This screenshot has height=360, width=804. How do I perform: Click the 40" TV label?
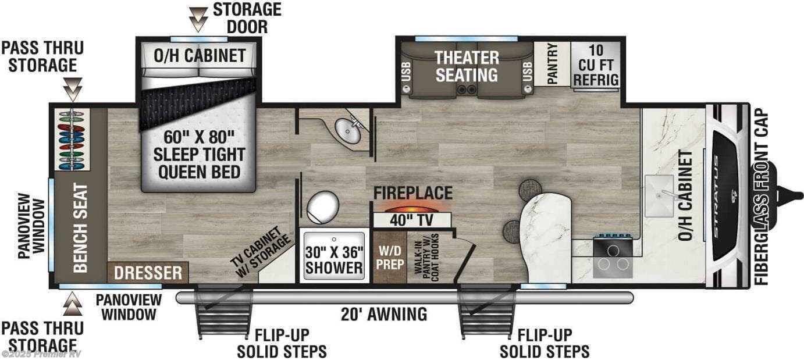(411, 221)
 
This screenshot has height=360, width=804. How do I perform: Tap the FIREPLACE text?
(412, 193)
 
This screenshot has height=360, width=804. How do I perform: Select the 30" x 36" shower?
(334, 256)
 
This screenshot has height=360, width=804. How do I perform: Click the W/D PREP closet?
(389, 256)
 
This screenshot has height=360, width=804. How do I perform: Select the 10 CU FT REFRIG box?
(595, 65)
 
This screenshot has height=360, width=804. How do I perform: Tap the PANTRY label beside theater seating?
(552, 64)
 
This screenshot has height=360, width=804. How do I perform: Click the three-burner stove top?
(613, 256)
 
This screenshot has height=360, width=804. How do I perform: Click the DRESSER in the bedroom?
(148, 273)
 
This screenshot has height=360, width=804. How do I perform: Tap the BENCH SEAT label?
(80, 228)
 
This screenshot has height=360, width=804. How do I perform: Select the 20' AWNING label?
(384, 315)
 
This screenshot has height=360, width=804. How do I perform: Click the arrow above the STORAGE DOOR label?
(198, 20)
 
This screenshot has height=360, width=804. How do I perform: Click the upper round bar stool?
(529, 190)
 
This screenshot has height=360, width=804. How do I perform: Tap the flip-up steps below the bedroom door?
(225, 314)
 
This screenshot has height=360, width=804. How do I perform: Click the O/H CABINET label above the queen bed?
(200, 56)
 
